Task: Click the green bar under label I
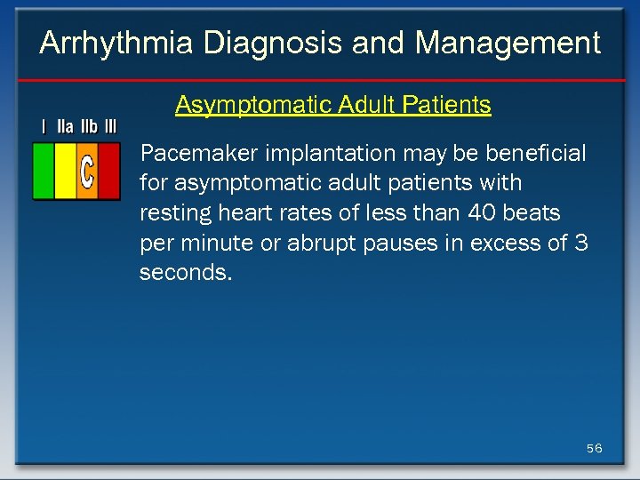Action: pos(43,171)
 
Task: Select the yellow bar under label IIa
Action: pos(65,171)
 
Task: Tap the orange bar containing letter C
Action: pos(86,171)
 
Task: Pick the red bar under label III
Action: pos(108,171)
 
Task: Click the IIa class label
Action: pos(65,127)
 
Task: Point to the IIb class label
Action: pos(89,127)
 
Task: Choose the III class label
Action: pos(110,127)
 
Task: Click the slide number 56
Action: pos(594,448)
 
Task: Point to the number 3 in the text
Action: pos(581,243)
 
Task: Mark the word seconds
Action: pos(185,273)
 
